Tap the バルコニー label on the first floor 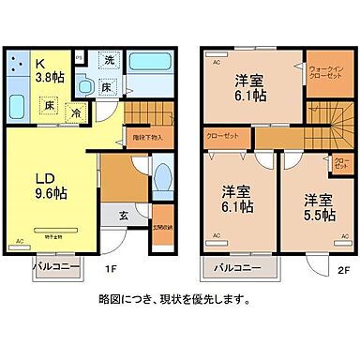(53, 266)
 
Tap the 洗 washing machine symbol (110, 61)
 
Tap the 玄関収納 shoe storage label (161, 225)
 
